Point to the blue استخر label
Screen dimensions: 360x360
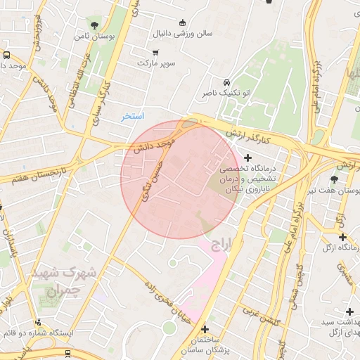(x=132, y=116)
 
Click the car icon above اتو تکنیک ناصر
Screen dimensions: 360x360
(x=226, y=82)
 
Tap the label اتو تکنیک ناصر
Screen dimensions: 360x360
(x=226, y=93)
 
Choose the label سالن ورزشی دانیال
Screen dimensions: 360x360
(x=184, y=32)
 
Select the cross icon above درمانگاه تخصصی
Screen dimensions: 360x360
(x=247, y=157)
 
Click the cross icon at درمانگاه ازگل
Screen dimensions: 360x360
(x=342, y=237)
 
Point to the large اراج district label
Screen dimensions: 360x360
(x=226, y=244)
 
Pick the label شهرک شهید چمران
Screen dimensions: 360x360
(x=71, y=278)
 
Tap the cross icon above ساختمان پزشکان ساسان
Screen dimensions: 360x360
(x=205, y=328)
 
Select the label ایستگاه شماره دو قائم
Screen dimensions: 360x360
(x=35, y=330)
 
